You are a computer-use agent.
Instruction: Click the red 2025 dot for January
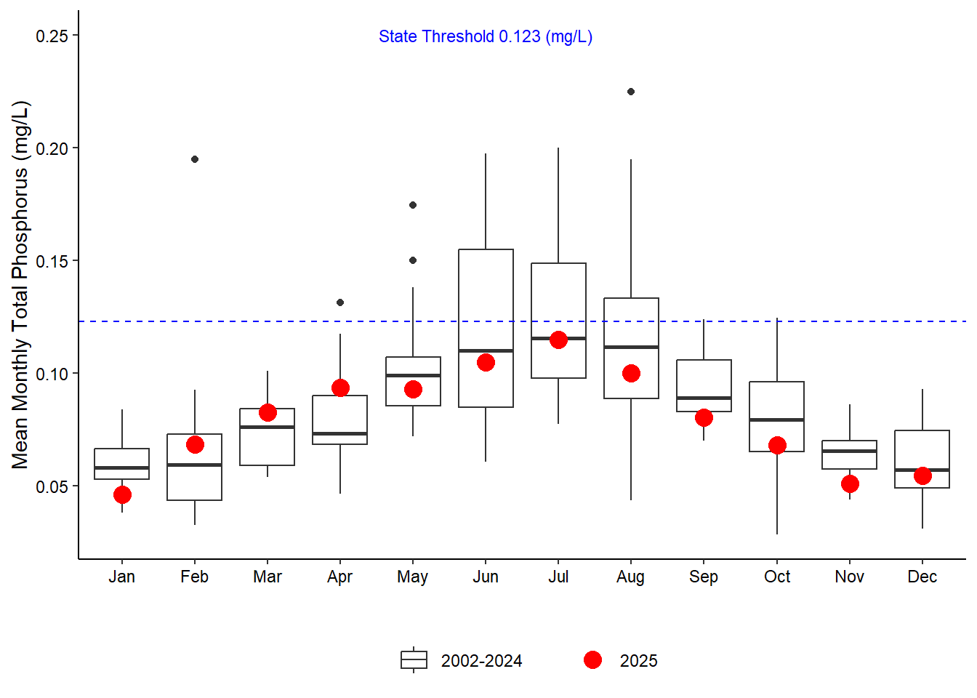coord(122,495)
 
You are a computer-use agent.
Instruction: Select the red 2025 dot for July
coord(558,340)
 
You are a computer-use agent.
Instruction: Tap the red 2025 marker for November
coord(850,484)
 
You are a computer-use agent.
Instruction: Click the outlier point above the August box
coord(631,92)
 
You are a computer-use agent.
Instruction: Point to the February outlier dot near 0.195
coord(195,159)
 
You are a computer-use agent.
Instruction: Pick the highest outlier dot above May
coord(413,205)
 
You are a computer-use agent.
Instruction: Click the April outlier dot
coord(340,302)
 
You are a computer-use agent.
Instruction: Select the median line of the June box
coord(486,350)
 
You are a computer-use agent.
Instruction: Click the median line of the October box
coord(776,420)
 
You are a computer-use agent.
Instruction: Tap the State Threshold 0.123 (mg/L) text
coord(486,36)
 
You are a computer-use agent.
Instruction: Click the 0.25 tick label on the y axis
coord(52,36)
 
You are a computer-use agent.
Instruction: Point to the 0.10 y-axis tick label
coord(52,374)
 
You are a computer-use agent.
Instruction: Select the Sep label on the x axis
coord(704,577)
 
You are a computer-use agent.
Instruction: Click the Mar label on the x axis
coord(268,577)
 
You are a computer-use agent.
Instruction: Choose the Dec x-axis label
coord(922,577)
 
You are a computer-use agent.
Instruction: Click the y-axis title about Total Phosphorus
coord(20,285)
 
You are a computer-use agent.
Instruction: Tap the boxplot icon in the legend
coord(414,660)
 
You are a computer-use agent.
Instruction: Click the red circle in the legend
coord(592,660)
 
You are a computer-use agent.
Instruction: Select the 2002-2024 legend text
coord(481,661)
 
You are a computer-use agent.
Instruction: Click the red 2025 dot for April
coord(340,388)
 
